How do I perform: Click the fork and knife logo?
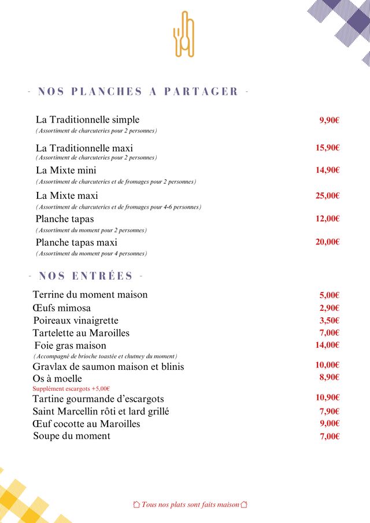pyautogui.click(x=184, y=34)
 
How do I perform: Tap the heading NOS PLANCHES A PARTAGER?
pyautogui.click(x=138, y=91)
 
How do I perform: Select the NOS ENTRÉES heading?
pyautogui.click(x=86, y=276)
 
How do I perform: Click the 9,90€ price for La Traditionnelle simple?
pyautogui.click(x=329, y=120)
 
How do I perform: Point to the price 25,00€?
pyautogui.click(x=327, y=195)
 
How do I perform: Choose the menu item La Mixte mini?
pyautogui.click(x=66, y=170)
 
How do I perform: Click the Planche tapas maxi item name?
pyautogui.click(x=76, y=242)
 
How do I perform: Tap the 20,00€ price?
pyautogui.click(x=327, y=242)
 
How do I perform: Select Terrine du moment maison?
pyautogui.click(x=90, y=295)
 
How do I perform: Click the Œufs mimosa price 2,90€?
pyautogui.click(x=329, y=308)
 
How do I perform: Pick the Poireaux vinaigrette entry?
pyautogui.click(x=76, y=320)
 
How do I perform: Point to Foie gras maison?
pyautogui.click(x=70, y=346)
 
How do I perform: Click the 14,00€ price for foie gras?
pyautogui.click(x=327, y=345)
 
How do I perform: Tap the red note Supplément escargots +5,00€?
pyautogui.click(x=71, y=389)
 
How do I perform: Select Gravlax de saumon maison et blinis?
pyautogui.click(x=108, y=366)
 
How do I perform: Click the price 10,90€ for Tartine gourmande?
pyautogui.click(x=327, y=398)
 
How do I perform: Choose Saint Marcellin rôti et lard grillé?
pyautogui.click(x=101, y=411)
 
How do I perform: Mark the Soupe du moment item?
pyautogui.click(x=72, y=436)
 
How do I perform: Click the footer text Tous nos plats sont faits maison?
pyautogui.click(x=190, y=505)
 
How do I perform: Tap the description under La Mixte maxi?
pyautogui.click(x=119, y=207)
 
